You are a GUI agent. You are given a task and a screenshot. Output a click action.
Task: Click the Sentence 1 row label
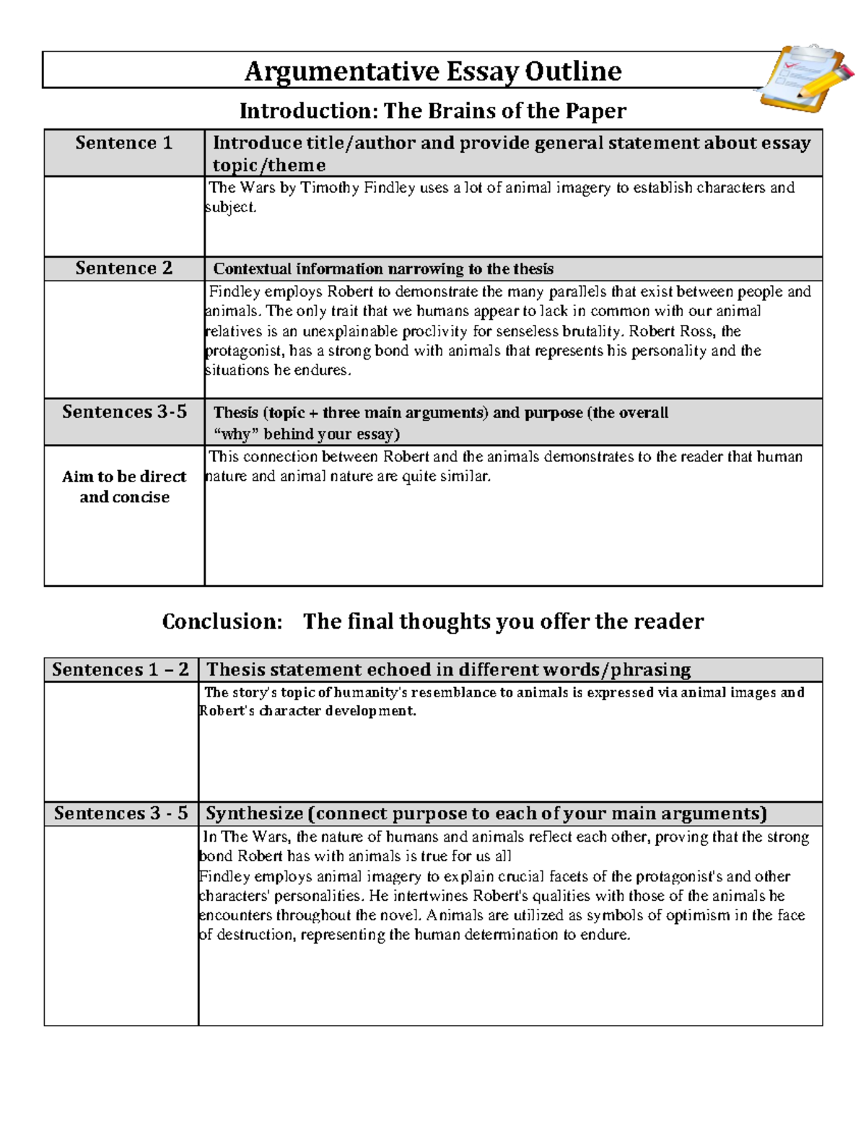pyautogui.click(x=123, y=143)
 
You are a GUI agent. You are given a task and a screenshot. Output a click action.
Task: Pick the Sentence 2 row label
pyautogui.click(x=123, y=269)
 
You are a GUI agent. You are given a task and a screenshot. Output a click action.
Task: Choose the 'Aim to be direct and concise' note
pyautogui.click(x=124, y=487)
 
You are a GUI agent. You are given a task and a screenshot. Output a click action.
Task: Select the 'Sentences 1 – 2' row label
pyautogui.click(x=121, y=670)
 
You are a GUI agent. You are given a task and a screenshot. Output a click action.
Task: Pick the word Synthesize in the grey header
pyautogui.click(x=254, y=814)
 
